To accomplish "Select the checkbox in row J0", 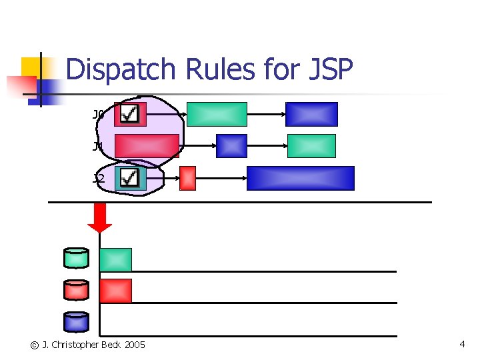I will (130, 114).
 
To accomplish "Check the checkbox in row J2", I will (131, 178).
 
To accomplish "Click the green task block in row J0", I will (217, 114).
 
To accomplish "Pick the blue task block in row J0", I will (311, 114).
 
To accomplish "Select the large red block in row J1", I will (147, 146).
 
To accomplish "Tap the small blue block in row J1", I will (232, 146).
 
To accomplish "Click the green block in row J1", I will (311, 146).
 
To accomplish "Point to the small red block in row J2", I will (188, 178).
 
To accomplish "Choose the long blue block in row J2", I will (300, 178).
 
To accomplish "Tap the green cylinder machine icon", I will (76, 258).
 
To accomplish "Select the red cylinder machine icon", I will (76, 290).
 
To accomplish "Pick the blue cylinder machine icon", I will (76, 322).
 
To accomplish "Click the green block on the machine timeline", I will (115, 259).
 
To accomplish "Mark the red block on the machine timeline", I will (115, 291).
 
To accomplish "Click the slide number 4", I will (462, 344).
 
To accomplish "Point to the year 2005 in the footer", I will (133, 345).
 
